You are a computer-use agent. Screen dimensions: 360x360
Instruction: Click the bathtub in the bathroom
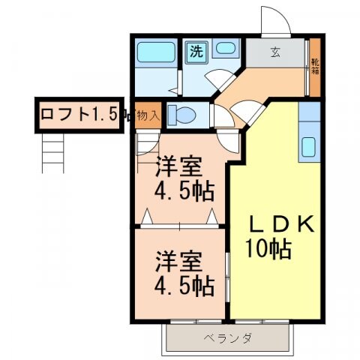pyautogui.click(x=156, y=54)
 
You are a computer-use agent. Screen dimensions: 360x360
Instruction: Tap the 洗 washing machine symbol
pyautogui.click(x=196, y=52)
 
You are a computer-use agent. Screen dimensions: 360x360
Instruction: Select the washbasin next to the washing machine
pyautogui.click(x=225, y=49)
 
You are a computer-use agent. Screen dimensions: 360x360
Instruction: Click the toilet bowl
pyautogui.click(x=182, y=115)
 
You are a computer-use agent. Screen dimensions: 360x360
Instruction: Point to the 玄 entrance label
pyautogui.click(x=275, y=52)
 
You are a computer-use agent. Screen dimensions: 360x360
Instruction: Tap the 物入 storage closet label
pyautogui.click(x=148, y=115)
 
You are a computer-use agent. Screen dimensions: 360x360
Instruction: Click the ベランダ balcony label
pyautogui.click(x=225, y=337)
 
